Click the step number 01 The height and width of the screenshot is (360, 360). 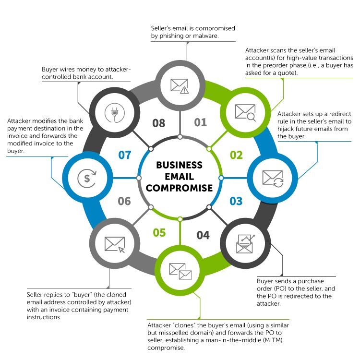[201, 122]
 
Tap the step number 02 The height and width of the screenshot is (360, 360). [236, 155]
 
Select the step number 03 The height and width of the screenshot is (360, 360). [236, 201]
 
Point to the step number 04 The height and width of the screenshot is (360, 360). [203, 235]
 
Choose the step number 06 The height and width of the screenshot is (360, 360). [124, 201]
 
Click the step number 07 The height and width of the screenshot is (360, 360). [124, 155]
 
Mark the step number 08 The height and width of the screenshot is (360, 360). [159, 123]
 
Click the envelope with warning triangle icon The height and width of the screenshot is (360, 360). [180, 85]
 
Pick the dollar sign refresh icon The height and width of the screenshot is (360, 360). [87, 178]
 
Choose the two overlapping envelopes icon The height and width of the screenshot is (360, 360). [180, 271]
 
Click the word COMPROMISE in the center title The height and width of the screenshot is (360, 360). [180, 188]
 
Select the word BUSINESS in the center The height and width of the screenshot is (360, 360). [180, 165]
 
